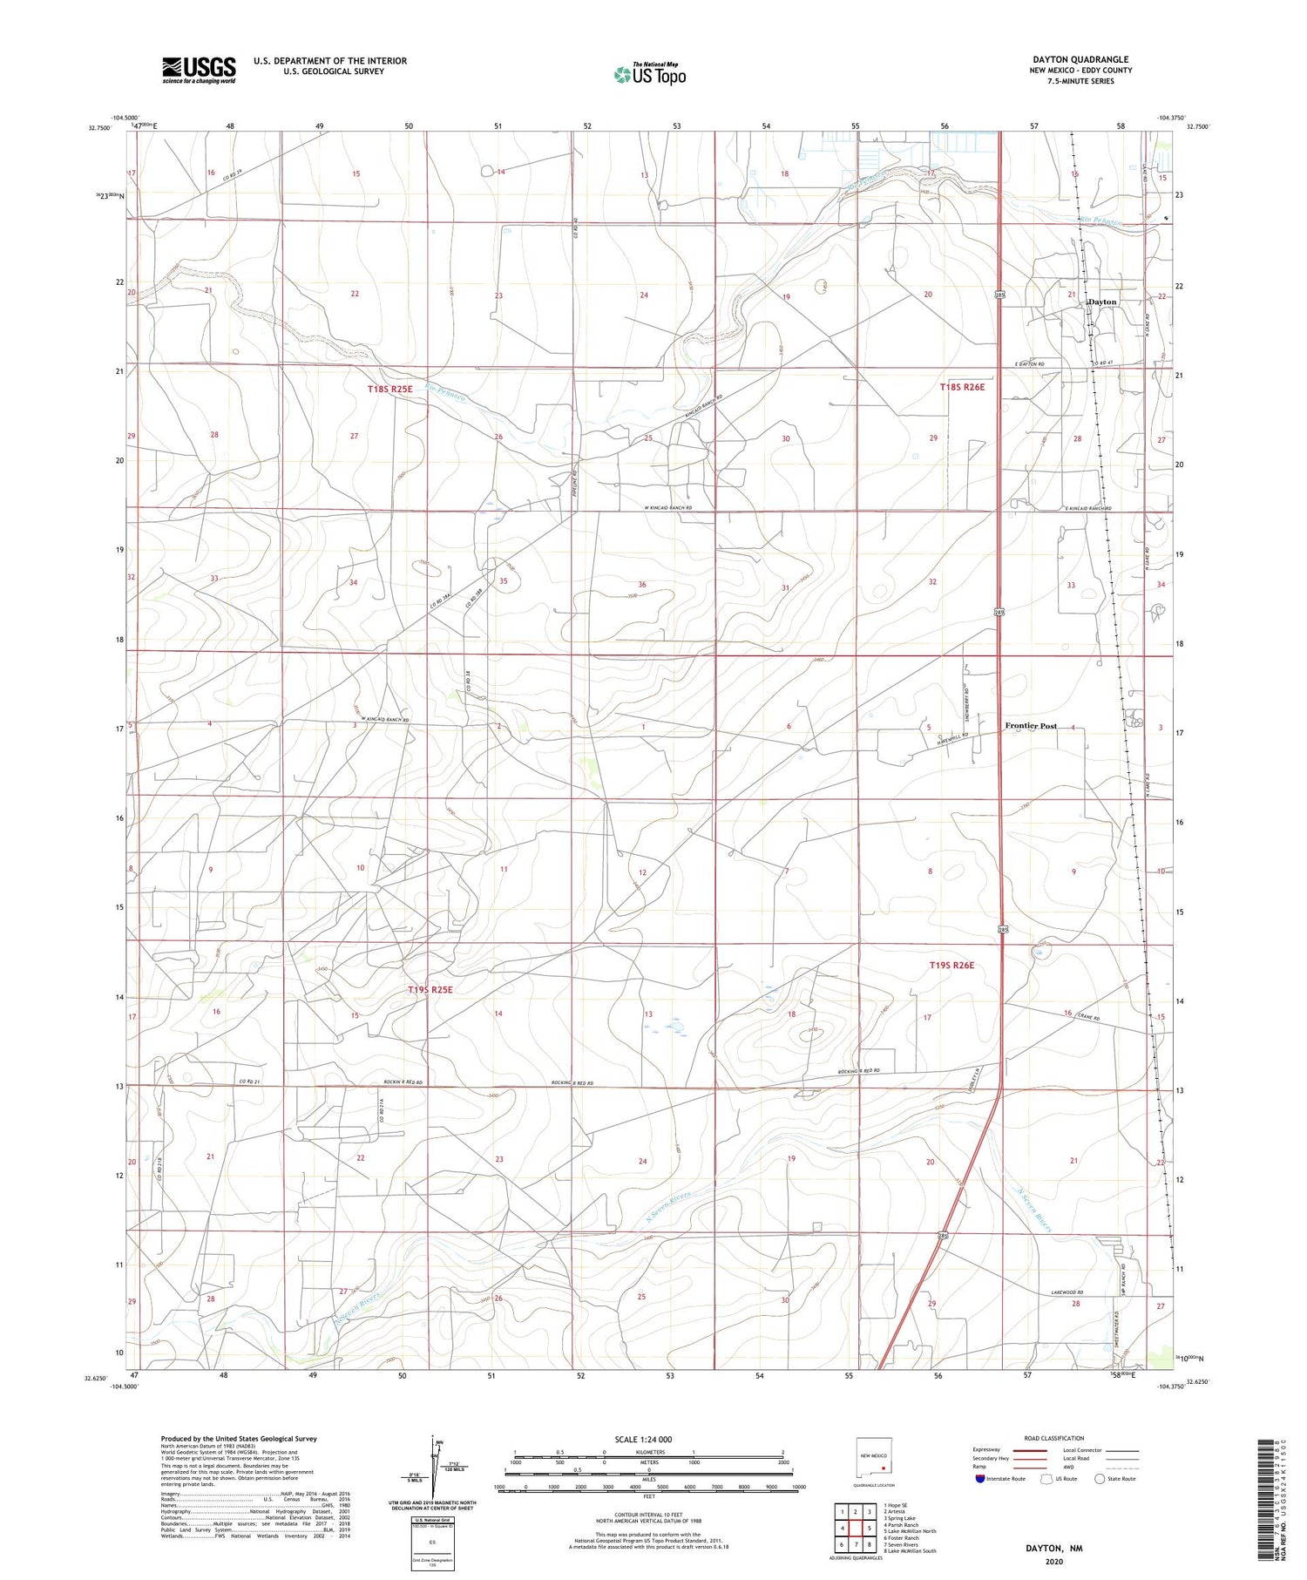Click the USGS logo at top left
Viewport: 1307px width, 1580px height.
[199, 70]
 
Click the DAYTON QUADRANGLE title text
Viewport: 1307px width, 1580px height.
[1080, 59]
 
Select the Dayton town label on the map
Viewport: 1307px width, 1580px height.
[1102, 302]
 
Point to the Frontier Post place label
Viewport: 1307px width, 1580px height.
[1031, 726]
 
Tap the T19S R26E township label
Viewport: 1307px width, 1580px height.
[951, 966]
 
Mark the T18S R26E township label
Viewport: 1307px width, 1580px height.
[962, 387]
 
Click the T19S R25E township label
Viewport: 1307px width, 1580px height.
[430, 990]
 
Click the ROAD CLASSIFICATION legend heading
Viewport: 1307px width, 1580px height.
[1054, 1438]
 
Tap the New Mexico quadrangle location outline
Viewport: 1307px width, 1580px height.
[874, 1455]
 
